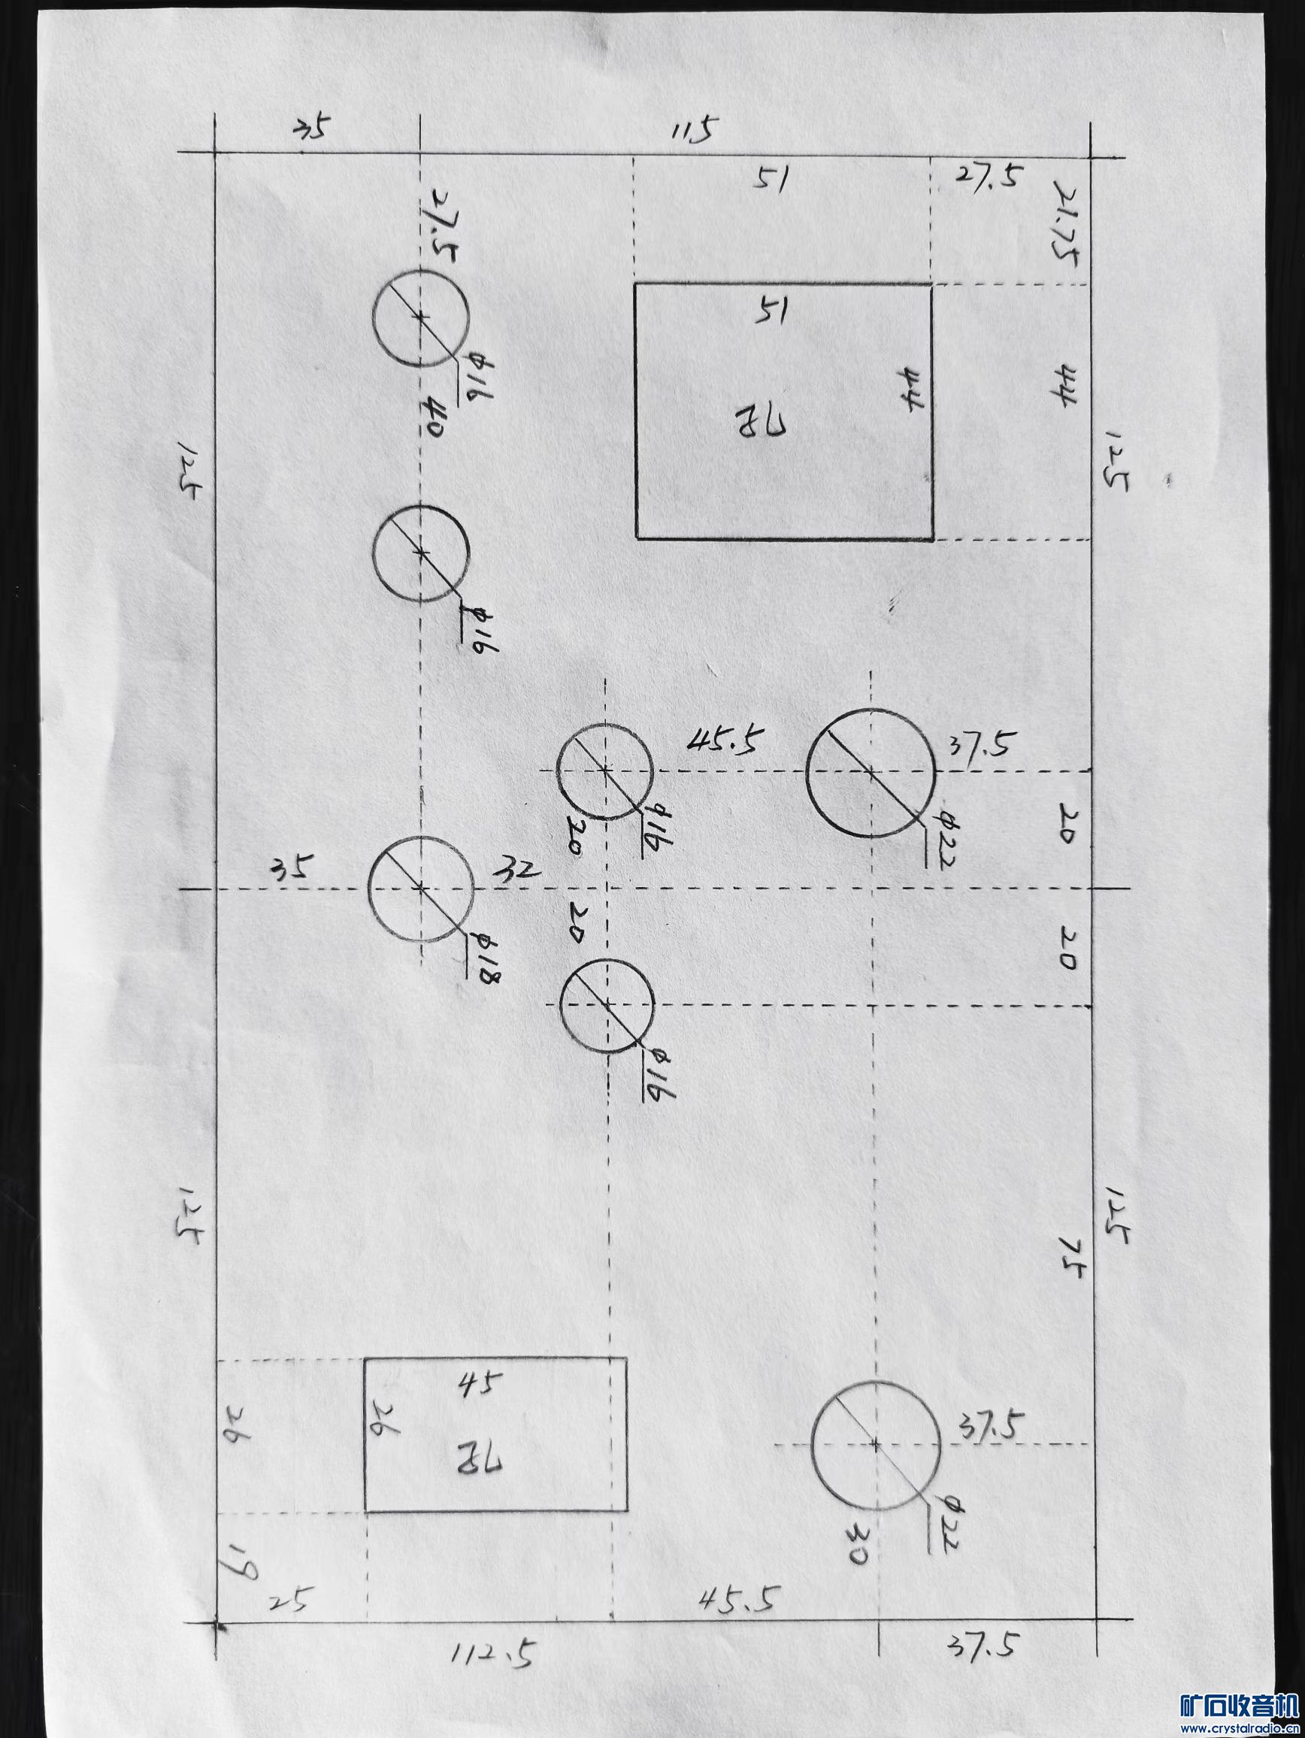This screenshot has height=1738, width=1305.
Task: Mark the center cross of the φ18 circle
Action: pyautogui.click(x=421, y=888)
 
